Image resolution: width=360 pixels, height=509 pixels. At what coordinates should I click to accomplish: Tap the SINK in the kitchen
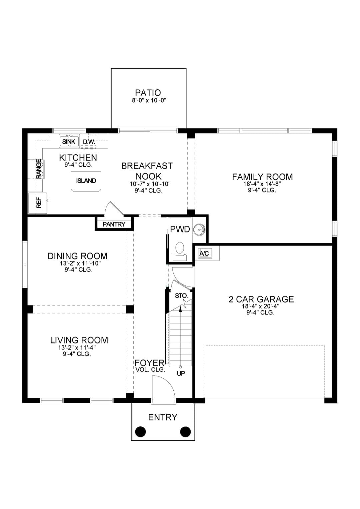coord(69,141)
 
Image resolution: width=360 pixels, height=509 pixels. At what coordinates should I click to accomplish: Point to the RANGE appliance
coord(39,169)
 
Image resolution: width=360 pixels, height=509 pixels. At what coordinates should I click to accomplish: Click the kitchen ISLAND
coord(86,181)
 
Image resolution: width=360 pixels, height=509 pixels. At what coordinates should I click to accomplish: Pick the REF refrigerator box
coord(38,203)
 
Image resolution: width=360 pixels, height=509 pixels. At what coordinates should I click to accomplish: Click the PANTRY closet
coord(114,224)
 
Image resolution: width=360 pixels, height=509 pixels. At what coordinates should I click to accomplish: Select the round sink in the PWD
coord(199,229)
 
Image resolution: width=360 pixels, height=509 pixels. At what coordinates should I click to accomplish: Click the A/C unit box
coord(204,253)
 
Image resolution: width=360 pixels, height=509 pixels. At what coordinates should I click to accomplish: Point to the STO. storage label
coord(181,296)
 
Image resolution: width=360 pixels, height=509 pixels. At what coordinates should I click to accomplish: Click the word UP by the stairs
coord(181,373)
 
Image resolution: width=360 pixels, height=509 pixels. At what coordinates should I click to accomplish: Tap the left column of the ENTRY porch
coord(141,431)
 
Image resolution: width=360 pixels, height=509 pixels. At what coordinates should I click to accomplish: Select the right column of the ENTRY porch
coord(185,431)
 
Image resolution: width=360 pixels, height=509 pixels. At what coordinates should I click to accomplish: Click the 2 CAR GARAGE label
coord(261,299)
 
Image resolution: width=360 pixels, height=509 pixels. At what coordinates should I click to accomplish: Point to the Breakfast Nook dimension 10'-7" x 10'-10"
coord(150,184)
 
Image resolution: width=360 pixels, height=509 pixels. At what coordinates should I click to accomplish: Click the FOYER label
coord(149,363)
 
